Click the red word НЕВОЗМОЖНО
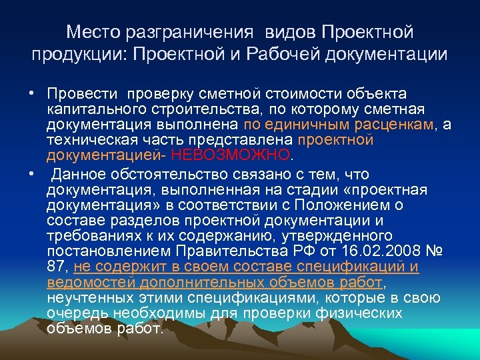231,155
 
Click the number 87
57,267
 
